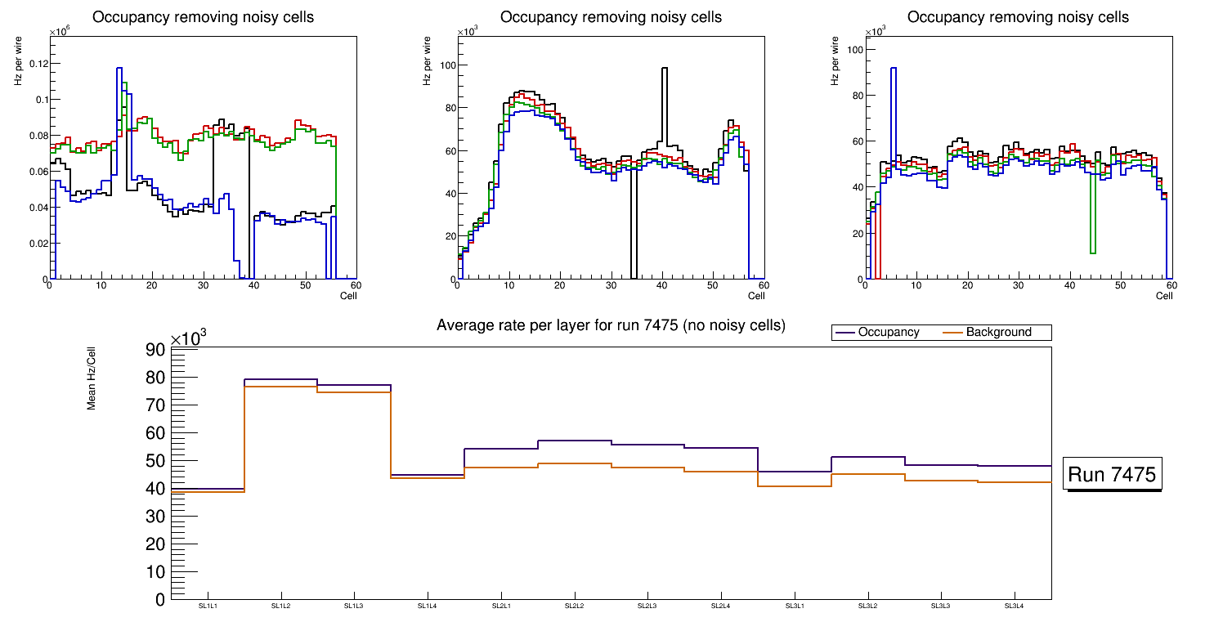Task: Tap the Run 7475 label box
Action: pos(1113,475)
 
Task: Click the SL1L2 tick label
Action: pos(280,606)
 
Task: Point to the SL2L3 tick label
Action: pos(647,606)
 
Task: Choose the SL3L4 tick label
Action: pos(1014,606)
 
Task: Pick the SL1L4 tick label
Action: pos(427,606)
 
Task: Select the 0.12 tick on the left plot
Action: pos(34,64)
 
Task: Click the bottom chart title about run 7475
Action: pos(611,325)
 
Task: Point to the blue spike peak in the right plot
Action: pos(894,69)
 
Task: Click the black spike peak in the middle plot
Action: pos(664,69)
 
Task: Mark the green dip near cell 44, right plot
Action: pos(1093,252)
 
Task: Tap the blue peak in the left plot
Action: pos(119,69)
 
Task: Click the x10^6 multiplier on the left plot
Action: pos(59,31)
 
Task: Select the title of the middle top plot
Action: pos(611,17)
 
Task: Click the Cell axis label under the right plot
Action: pos(1164,295)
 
